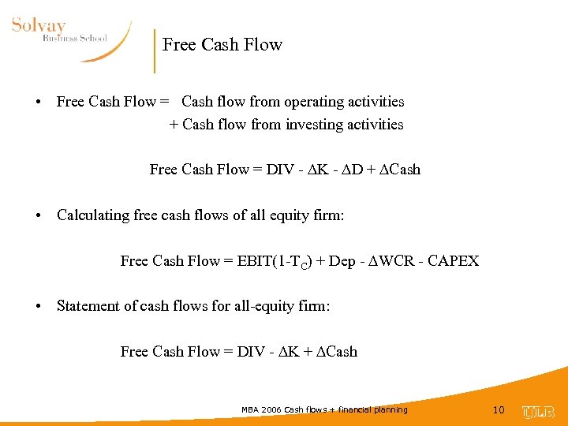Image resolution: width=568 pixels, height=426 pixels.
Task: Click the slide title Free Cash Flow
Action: pos(222,45)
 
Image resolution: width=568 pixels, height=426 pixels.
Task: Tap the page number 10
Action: pos(498,410)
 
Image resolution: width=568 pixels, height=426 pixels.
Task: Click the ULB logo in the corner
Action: pos(538,412)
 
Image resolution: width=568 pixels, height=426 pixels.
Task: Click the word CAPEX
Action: pos(453,261)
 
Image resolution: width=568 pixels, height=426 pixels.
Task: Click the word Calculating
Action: pos(94,215)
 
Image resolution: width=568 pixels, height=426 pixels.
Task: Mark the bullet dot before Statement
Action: pos(38,307)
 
